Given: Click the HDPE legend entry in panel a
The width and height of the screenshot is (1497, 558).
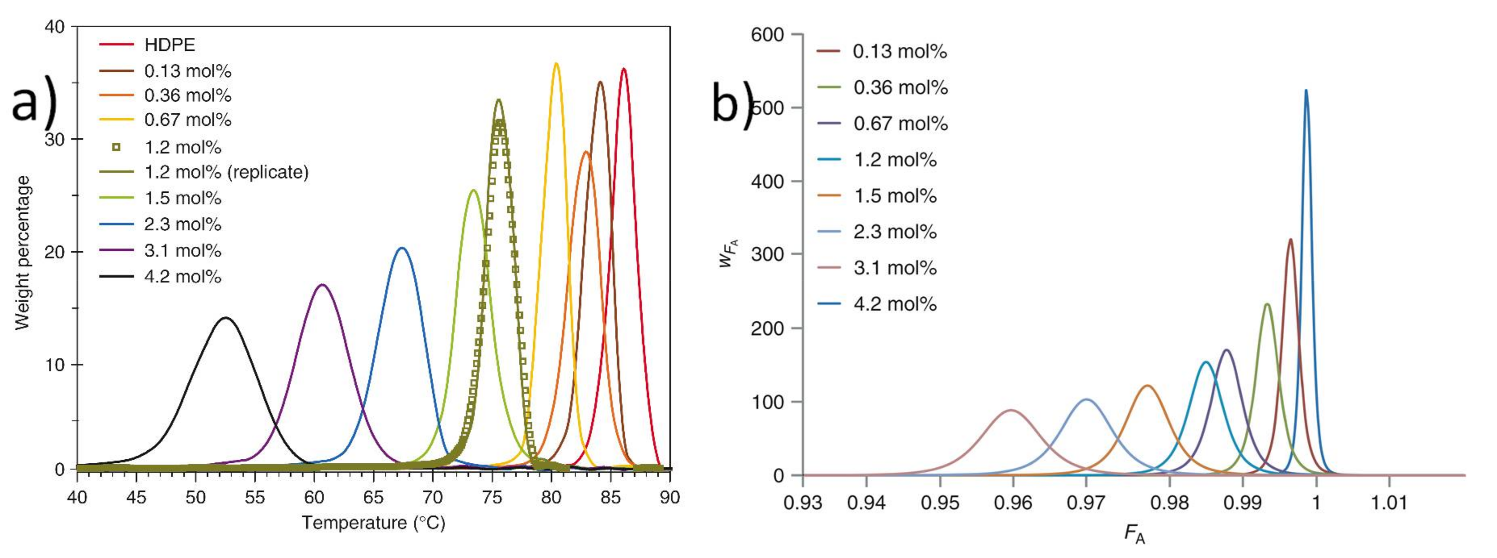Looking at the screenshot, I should (x=170, y=45).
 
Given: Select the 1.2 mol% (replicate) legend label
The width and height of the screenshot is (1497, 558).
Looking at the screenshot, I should (x=226, y=173).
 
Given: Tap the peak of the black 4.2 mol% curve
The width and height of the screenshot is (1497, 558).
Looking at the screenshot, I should (x=226, y=318).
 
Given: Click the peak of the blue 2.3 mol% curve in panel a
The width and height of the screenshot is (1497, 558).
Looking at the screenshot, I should (x=401, y=248).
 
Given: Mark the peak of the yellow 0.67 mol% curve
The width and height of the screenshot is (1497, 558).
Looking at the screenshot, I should (x=556, y=63).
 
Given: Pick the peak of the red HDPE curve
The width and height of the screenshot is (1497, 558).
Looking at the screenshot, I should (x=624, y=69).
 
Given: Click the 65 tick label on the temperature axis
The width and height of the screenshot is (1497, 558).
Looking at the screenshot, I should (x=373, y=497).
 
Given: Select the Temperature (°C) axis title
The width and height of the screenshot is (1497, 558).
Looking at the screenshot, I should (x=373, y=523).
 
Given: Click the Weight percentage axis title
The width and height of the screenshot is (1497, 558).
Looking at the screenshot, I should (x=22, y=252).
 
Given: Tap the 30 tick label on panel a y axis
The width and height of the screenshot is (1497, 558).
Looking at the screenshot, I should (x=56, y=139).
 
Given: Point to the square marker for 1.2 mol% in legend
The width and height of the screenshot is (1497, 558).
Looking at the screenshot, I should (x=116, y=148).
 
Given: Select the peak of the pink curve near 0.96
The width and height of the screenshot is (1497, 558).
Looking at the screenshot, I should (x=1012, y=410).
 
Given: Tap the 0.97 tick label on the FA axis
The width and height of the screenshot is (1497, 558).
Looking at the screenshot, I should (x=1086, y=503).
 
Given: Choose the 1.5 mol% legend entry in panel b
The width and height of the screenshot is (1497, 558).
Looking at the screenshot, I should (x=894, y=196).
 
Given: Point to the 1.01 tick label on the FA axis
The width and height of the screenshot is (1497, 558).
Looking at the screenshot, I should (x=1389, y=503).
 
